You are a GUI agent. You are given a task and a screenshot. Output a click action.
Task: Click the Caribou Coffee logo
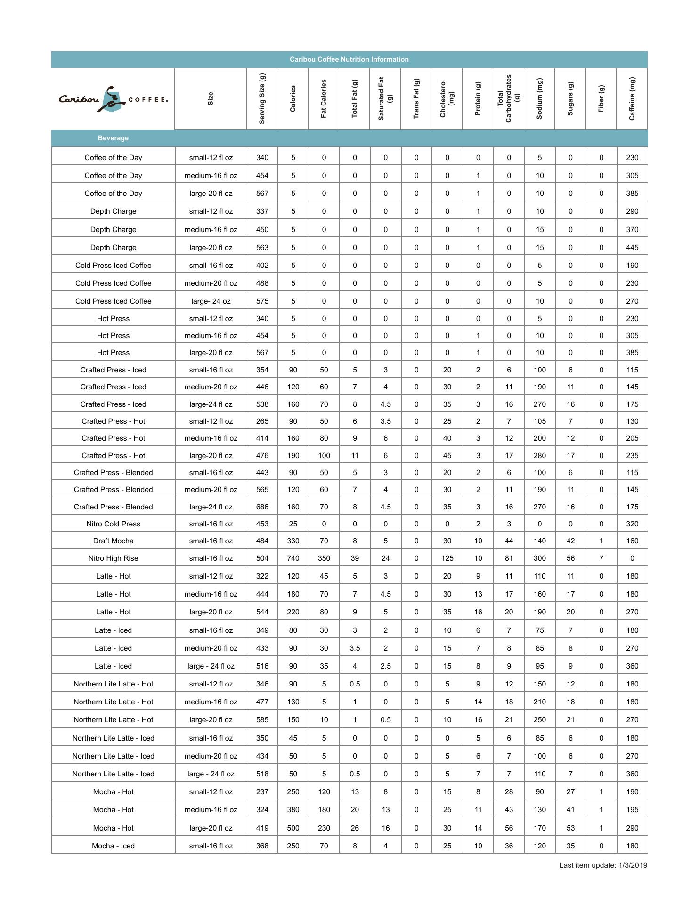coord(113,99)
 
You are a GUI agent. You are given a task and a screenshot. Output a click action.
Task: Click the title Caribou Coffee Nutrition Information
coord(349,59)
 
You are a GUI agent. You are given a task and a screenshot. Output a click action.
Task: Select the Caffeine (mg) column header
coord(632,99)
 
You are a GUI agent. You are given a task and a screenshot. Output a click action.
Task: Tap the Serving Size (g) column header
coord(262,99)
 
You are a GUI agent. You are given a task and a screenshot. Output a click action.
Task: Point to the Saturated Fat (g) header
coord(385,99)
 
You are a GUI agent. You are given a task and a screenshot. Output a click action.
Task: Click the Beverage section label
coord(113,138)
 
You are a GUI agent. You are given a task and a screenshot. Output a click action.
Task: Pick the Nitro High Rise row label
coord(113,558)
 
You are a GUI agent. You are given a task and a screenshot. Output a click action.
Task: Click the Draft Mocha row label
coord(113,541)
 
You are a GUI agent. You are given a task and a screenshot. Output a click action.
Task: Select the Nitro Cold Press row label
coord(113,524)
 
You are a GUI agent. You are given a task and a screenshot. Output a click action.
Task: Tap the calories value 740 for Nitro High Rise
coord(293,558)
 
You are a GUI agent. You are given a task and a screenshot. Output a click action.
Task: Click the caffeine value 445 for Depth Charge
coord(632,248)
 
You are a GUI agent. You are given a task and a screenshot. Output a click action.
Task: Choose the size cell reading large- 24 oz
coord(211,301)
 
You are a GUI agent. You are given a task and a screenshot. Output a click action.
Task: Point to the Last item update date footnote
coord(603,865)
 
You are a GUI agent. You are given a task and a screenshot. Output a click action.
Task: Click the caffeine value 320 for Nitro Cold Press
coord(632,524)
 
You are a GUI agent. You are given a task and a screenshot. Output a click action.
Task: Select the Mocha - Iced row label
coord(113,846)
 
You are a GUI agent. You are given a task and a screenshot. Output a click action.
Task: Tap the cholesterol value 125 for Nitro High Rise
coord(447,558)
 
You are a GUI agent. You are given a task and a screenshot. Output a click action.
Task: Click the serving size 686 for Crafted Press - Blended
coord(262,507)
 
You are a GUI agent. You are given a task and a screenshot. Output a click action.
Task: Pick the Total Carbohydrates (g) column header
coord(508,99)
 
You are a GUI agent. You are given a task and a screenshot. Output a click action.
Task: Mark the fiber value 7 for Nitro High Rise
coord(601,558)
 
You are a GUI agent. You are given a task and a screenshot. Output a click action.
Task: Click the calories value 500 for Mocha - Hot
coord(293,828)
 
